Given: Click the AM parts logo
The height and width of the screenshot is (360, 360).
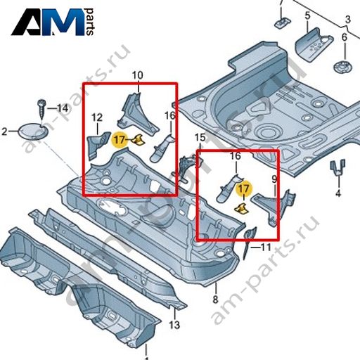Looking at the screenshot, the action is click(x=53, y=22).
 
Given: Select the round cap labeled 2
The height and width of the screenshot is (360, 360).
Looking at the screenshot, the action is click(x=32, y=131).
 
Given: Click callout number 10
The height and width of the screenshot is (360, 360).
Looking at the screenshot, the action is click(x=138, y=75).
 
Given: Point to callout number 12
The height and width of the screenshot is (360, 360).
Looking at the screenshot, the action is click(x=97, y=117).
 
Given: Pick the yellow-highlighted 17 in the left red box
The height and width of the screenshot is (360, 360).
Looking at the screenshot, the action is click(x=120, y=140).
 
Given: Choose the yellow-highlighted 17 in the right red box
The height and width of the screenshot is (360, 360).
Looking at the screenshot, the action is click(x=244, y=189).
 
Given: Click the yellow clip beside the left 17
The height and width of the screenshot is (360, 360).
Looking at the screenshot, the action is click(x=139, y=140).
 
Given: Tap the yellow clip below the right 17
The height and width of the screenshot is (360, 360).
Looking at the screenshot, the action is click(x=242, y=209).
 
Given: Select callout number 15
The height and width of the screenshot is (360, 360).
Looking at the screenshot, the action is click(x=200, y=138).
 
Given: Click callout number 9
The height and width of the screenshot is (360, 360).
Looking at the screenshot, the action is click(x=274, y=179).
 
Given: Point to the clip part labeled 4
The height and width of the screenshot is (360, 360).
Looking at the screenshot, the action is click(x=337, y=167).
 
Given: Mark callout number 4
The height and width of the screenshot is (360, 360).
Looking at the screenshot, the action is click(x=338, y=193).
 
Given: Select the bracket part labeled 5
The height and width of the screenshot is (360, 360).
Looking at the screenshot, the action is click(x=314, y=44).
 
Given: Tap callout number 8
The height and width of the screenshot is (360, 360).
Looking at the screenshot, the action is click(x=215, y=300).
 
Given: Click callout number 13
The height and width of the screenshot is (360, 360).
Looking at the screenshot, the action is click(x=174, y=325).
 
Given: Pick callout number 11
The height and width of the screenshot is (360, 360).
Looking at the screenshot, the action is click(x=266, y=247).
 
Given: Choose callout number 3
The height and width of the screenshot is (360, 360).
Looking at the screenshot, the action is click(x=348, y=19).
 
